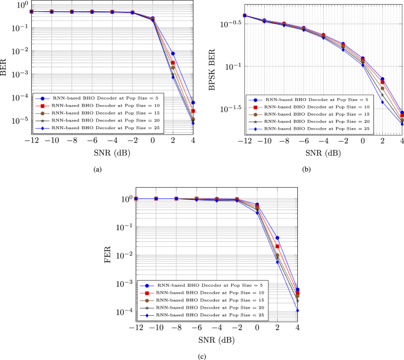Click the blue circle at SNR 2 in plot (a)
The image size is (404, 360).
pyautogui.click(x=172, y=54)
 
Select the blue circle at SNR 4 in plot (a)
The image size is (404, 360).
pyautogui.click(x=192, y=103)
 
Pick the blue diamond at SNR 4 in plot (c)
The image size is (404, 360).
pyautogui.click(x=297, y=310)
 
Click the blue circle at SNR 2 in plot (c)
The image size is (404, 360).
pyautogui.click(x=277, y=238)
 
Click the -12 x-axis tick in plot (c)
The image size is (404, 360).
pyautogui.click(x=136, y=328)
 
